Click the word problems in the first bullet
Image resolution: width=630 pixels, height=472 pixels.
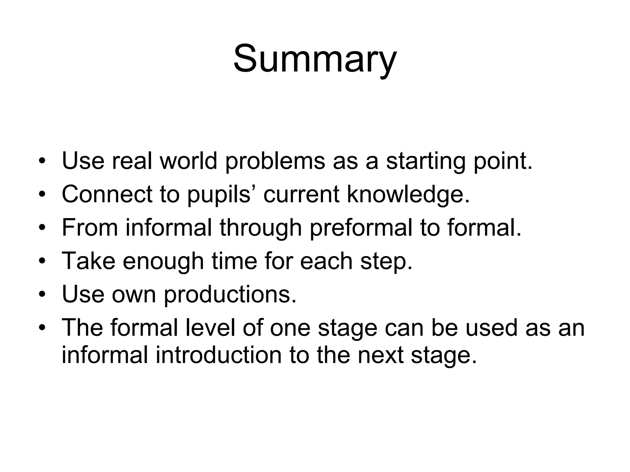(275, 161)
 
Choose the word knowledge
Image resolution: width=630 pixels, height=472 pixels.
(408, 195)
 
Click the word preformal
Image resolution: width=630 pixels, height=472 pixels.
(361, 228)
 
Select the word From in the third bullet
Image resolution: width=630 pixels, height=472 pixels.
(90, 228)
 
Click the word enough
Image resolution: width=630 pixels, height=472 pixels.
(163, 261)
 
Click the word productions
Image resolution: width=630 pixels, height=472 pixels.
(230, 294)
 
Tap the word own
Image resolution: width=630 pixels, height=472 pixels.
(134, 294)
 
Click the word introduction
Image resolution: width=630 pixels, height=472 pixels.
(218, 355)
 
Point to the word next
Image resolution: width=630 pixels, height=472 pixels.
(380, 355)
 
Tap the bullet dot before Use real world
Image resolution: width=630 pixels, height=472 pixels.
(42, 162)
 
